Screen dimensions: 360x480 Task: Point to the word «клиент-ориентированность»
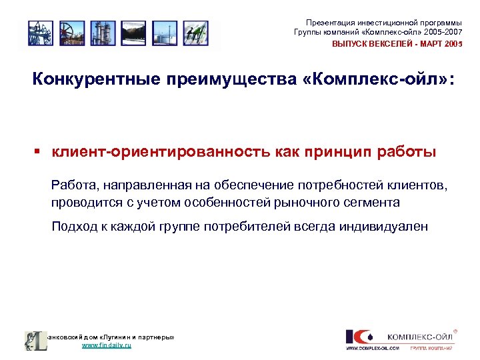point(161,152)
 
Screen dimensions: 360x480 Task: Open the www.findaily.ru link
point(106,346)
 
